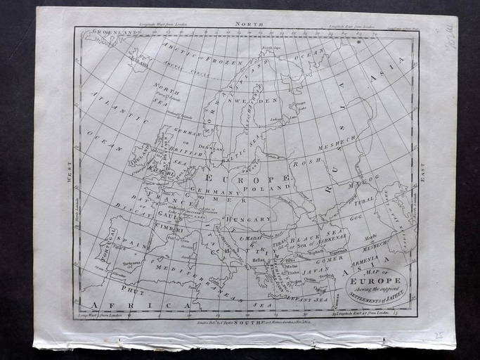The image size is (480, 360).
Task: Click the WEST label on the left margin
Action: (x=70, y=171)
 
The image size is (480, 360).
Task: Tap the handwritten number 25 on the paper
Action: (x=439, y=336)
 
